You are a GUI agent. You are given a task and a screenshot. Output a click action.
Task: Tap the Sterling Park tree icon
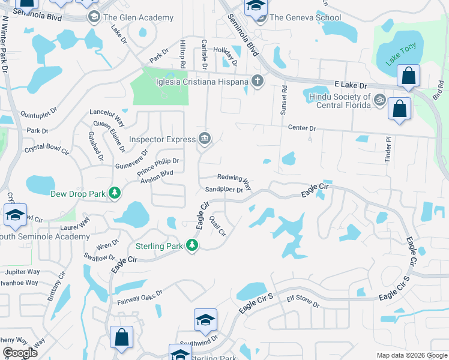click(x=192, y=245)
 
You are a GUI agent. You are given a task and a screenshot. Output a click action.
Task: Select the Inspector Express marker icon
click(x=205, y=139)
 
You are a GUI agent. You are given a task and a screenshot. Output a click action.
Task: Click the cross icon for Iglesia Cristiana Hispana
click(x=258, y=81)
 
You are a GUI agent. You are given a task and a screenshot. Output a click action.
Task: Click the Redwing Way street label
click(x=233, y=178)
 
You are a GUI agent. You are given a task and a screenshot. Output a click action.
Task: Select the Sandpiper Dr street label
click(x=223, y=190)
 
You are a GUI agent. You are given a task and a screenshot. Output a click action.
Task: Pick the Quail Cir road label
click(x=218, y=226)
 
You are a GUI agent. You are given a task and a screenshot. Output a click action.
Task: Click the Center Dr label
click(x=302, y=128)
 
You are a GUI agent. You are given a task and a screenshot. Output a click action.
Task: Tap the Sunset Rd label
click(x=285, y=100)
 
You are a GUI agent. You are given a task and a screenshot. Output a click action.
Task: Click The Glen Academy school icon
click(x=94, y=17)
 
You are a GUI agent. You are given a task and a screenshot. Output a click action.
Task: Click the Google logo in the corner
click(x=20, y=353)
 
